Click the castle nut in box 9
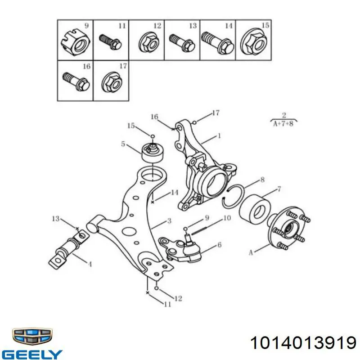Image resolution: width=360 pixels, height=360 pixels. point(75,43)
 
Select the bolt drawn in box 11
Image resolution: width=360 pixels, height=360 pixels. point(110,42)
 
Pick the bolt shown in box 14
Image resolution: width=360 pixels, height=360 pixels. point(218,43)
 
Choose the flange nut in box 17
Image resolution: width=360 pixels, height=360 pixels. point(112,82)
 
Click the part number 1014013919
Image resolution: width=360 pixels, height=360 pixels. point(303,343)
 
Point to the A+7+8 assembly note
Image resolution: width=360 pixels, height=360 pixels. point(283,124)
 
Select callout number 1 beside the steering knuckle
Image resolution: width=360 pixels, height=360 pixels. point(219,136)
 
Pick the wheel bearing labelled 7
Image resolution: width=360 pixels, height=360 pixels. point(255,210)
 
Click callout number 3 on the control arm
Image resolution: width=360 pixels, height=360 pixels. point(170,221)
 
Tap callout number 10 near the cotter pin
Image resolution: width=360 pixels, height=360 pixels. point(227,218)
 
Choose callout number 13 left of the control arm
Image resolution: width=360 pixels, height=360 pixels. point(56,219)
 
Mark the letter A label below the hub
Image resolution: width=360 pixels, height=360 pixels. point(251,253)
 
